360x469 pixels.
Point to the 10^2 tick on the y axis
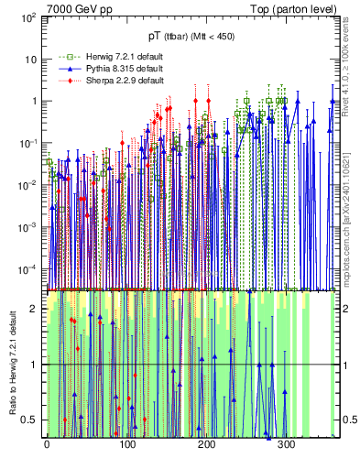pos(27,17)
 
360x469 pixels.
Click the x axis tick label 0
pos(46,445)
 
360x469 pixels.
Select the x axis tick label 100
pos(125,445)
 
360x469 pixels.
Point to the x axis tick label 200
pos(206,445)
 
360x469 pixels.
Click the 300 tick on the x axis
pos(286,445)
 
